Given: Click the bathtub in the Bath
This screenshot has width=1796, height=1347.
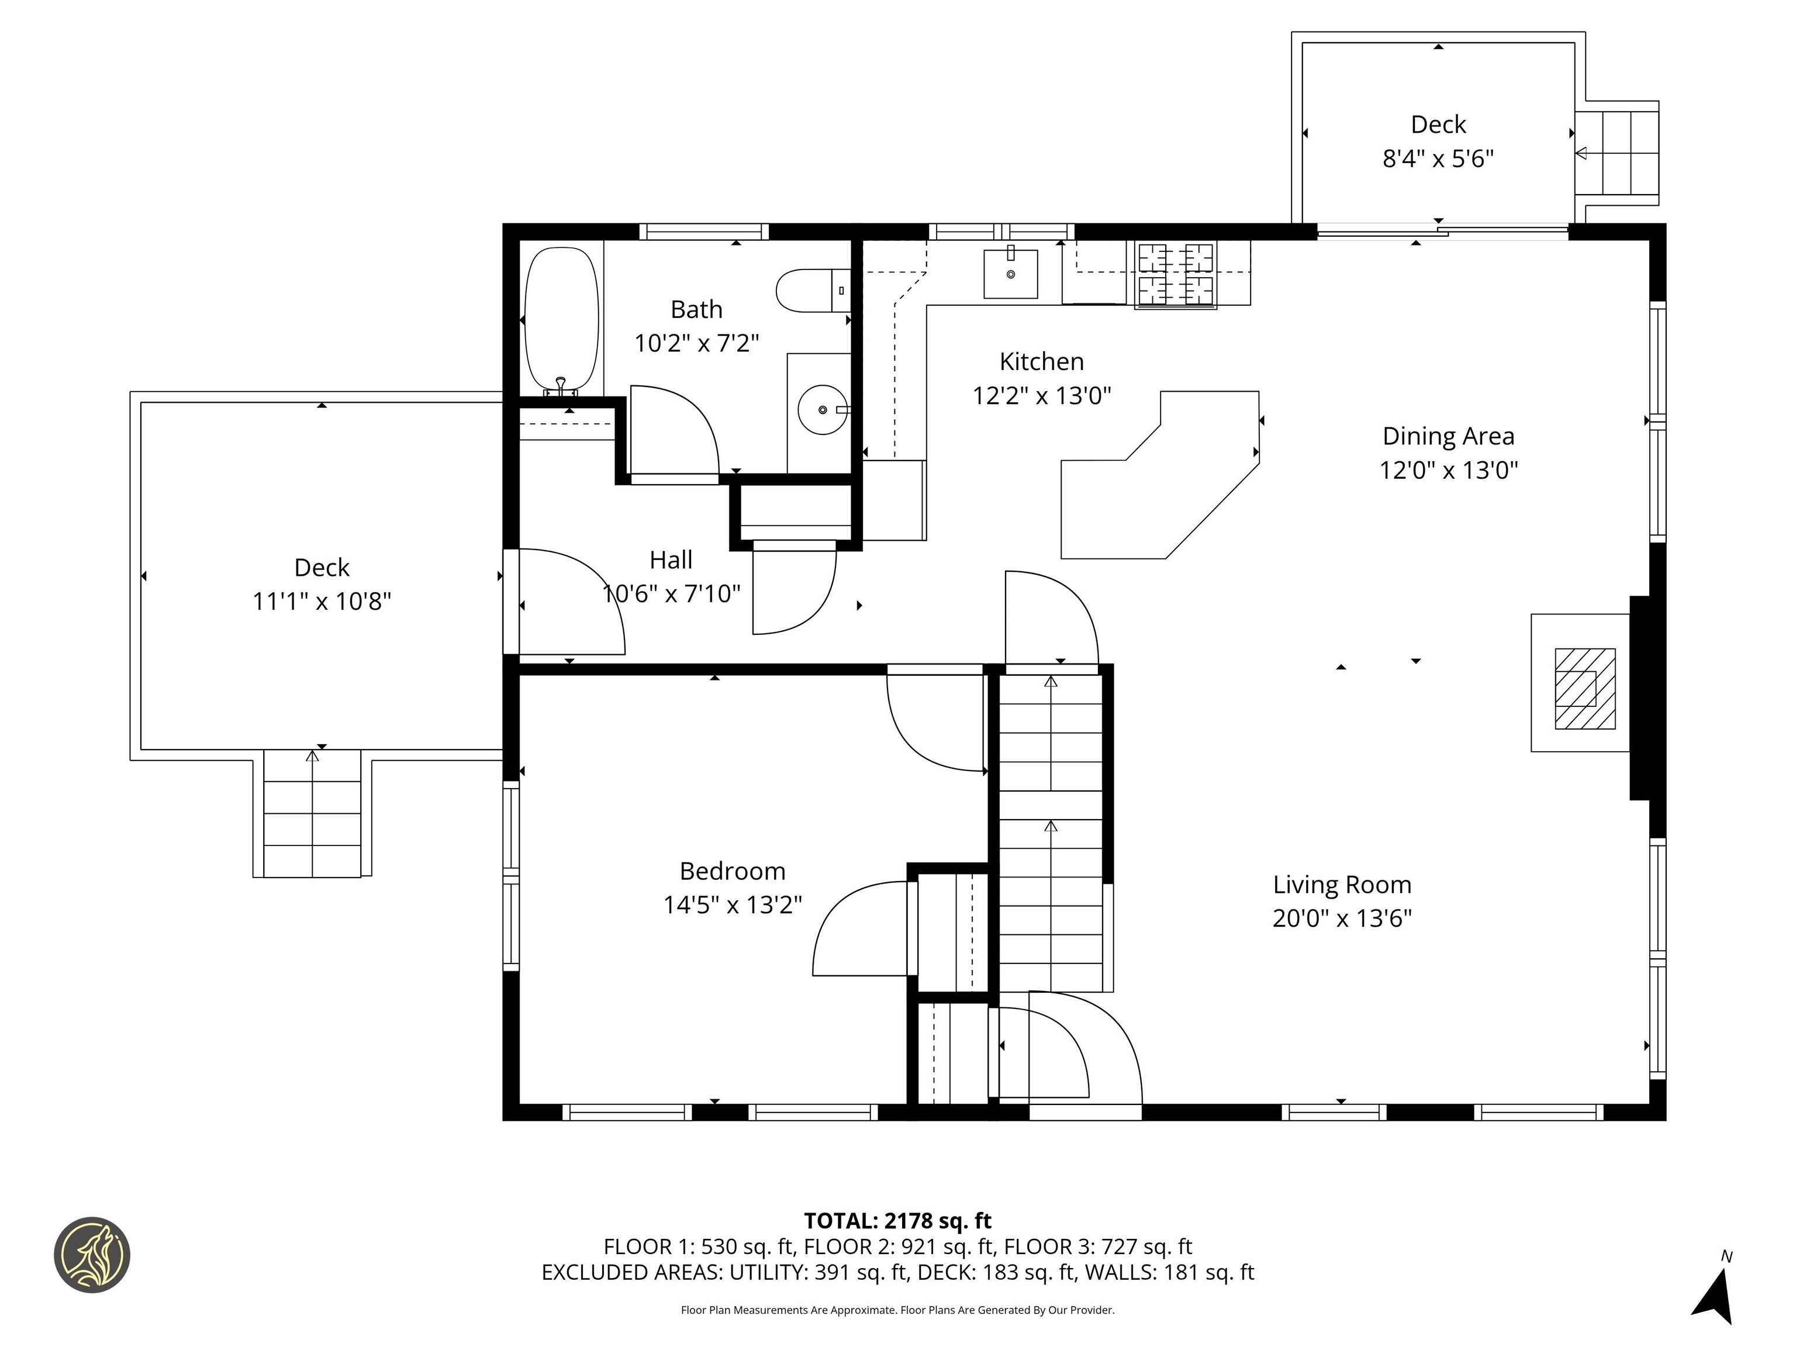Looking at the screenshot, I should coord(561,319).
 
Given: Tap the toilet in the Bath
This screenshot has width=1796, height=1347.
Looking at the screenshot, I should coord(812,291).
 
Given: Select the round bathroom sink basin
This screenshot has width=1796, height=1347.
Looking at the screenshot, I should coord(823,410).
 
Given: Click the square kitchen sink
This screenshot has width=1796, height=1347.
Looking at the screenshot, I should coord(1010,274).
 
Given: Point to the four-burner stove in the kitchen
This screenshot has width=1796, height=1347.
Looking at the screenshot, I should coord(1175,275).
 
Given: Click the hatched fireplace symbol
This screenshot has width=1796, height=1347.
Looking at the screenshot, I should coord(1584,689).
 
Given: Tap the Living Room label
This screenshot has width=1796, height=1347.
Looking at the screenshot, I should coord(1341,884).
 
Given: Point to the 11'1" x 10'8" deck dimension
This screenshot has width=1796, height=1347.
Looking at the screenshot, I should coord(322,602).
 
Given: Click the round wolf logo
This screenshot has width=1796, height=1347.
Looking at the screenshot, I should coord(92,1255).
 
